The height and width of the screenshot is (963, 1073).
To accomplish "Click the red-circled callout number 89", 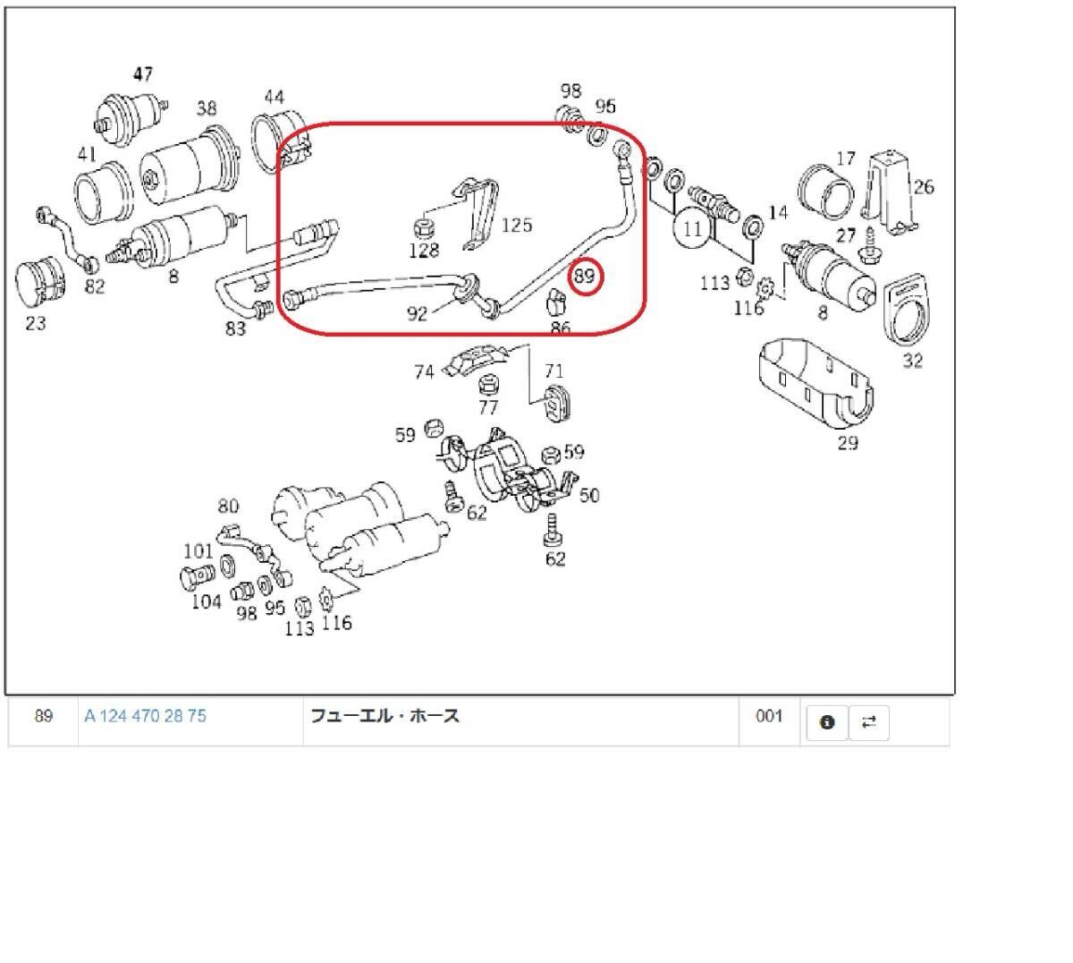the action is (585, 276).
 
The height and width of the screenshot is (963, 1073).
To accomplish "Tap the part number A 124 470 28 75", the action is (145, 716).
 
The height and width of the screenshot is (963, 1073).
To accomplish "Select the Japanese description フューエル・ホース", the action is (385, 716).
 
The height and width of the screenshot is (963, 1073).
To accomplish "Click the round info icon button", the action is (827, 722).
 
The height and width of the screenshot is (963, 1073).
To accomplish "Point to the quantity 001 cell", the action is (768, 716).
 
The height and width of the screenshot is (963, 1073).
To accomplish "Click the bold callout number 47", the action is (143, 73).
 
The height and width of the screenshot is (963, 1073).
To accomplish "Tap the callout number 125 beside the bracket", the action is (516, 226).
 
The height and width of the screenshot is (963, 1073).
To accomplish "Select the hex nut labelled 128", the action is (424, 229).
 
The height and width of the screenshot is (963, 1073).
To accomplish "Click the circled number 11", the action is (692, 229).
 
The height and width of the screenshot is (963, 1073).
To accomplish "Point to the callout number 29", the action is (848, 443).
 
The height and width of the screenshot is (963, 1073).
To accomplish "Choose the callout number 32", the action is (912, 362).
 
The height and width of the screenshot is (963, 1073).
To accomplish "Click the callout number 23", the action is (36, 323).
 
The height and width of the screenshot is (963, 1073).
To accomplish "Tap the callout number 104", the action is (206, 601).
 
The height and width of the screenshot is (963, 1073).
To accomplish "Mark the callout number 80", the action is (228, 506).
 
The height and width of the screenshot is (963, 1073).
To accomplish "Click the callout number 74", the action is (424, 372).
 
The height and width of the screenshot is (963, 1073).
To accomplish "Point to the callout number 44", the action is (274, 97).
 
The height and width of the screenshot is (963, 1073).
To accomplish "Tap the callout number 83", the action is (236, 328).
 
